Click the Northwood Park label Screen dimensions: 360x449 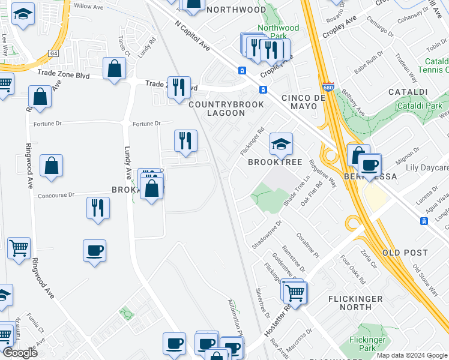278,32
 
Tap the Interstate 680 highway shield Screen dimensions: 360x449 328,87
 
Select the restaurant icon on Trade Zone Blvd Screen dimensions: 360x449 178,87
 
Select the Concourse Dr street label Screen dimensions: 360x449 55,195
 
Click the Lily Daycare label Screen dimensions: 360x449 427,168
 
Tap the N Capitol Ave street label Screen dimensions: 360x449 193,36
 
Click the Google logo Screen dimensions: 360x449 19,352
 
